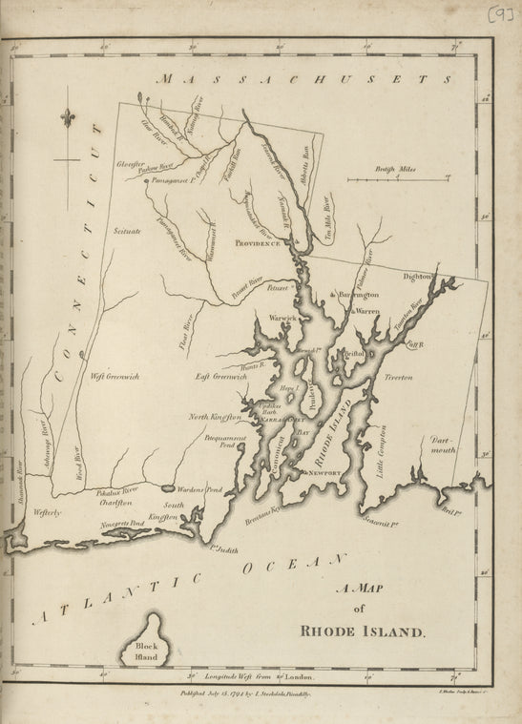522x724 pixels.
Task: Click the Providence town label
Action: click(x=259, y=244)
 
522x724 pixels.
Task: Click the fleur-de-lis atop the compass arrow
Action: click(x=68, y=117)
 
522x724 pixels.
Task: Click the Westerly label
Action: click(x=47, y=512)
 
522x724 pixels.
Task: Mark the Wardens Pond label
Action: click(x=200, y=489)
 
